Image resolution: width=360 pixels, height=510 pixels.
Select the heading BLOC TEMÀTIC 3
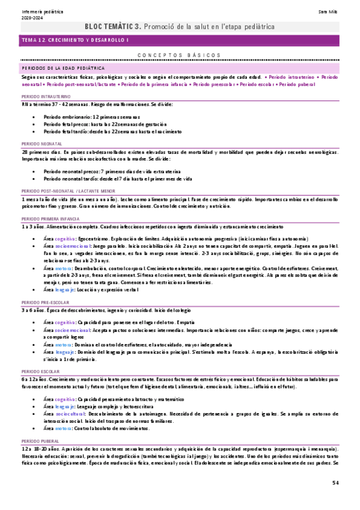[113, 26]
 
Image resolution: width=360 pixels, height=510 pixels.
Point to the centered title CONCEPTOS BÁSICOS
[180, 55]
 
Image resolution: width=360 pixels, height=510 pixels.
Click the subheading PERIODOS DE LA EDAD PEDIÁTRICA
[59, 69]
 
